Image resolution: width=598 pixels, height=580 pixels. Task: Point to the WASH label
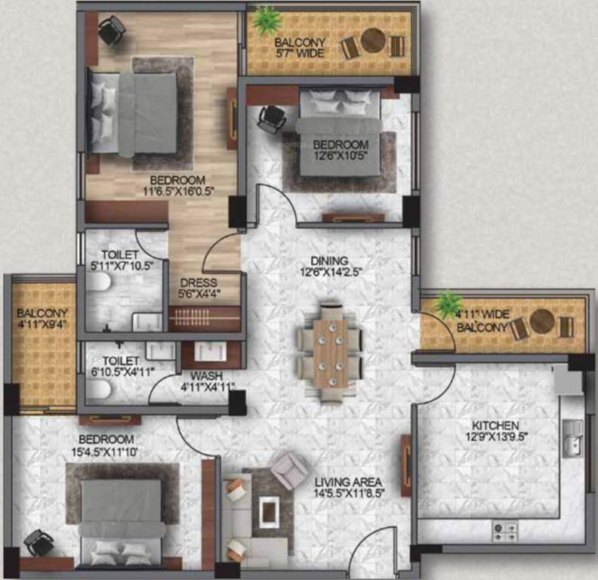coord(206,375)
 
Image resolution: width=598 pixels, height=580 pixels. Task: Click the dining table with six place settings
coord(331,351)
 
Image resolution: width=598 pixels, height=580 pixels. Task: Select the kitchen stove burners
coord(505,531)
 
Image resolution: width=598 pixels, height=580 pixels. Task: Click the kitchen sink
coord(573,438)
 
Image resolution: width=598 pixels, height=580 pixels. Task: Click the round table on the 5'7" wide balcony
coord(372,41)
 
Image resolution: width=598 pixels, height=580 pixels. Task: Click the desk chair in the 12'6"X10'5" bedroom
coord(270,119)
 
